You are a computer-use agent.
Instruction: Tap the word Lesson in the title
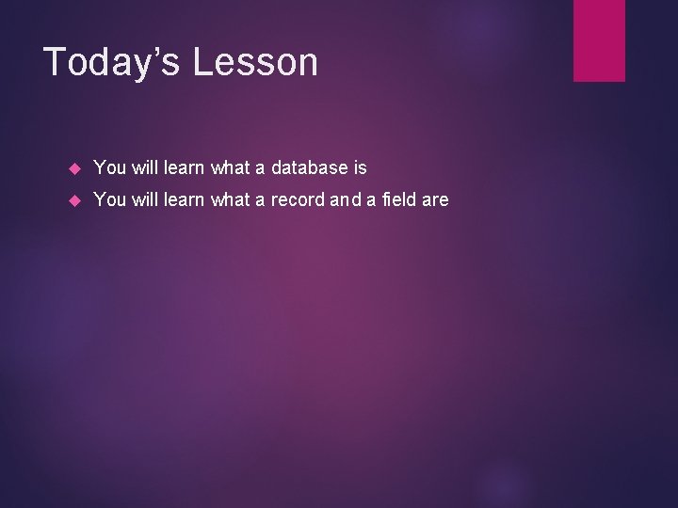(256, 62)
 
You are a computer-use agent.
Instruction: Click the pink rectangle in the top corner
(599, 40)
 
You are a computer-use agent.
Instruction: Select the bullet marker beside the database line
(76, 169)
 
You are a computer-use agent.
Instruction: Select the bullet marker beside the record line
(76, 200)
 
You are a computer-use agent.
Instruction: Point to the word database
(309, 168)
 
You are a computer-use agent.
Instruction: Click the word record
(299, 199)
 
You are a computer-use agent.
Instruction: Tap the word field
(395, 199)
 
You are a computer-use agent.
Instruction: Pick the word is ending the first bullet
(360, 168)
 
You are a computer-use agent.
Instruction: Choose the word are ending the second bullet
(435, 199)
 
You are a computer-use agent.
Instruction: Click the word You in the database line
(110, 168)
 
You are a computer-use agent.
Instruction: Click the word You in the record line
(110, 199)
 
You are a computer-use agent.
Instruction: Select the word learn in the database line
(185, 168)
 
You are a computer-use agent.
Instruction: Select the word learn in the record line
(185, 199)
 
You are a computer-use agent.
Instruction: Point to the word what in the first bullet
(231, 168)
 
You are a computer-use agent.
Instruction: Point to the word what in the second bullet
(231, 199)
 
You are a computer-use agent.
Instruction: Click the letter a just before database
(260, 168)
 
